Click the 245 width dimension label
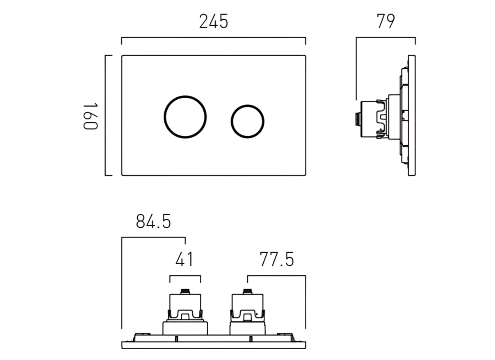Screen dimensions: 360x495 [214, 22]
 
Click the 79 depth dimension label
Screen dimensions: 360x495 [386, 22]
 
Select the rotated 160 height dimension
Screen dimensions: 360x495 [90, 116]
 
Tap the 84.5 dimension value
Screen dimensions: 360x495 [154, 222]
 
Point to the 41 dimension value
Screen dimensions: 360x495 [184, 260]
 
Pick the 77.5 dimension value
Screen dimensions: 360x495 [276, 260]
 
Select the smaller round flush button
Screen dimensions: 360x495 [247, 121]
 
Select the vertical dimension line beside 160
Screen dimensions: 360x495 [106, 116]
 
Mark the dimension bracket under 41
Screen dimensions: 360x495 [185, 276]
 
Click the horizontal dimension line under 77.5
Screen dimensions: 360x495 [276, 276]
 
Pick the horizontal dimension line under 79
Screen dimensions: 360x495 [386, 38]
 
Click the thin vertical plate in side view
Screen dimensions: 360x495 [412, 116]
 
